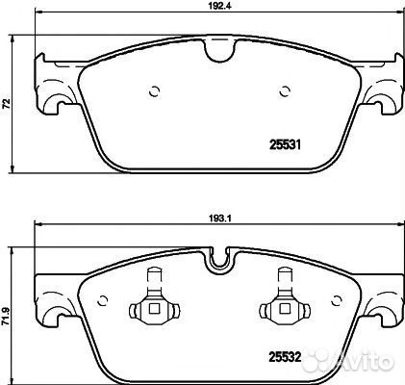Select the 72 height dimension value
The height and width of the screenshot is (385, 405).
tap(7, 104)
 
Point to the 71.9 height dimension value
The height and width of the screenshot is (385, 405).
tap(7, 318)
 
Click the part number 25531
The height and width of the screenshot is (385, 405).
tap(285, 145)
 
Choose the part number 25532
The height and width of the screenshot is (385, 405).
tap(285, 357)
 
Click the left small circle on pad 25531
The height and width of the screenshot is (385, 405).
tap(155, 92)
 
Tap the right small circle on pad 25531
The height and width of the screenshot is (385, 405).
tap(285, 91)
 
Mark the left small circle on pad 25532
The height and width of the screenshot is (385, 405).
tap(102, 300)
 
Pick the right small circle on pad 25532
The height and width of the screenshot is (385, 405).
tap(337, 300)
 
